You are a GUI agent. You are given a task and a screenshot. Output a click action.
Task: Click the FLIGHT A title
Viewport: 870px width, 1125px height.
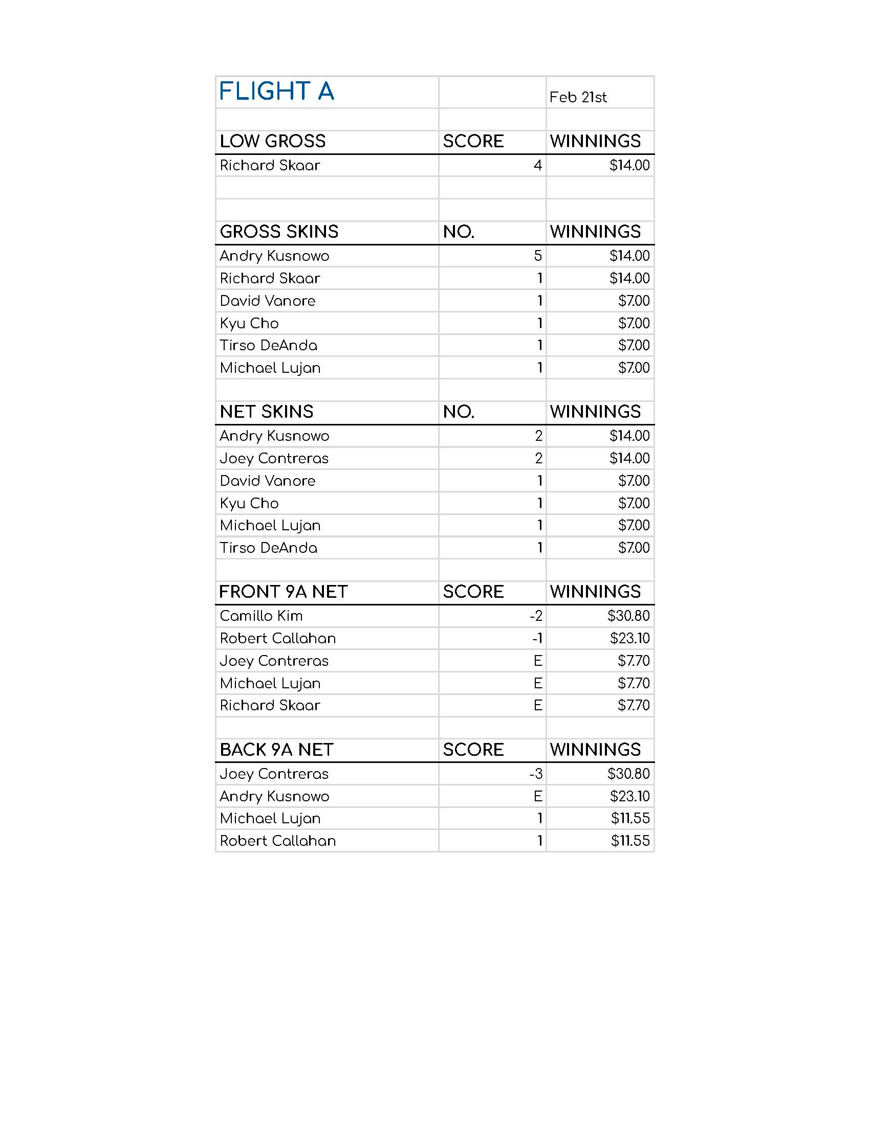coord(276,92)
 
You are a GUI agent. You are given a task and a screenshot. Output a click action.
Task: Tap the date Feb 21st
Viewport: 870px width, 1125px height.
coord(578,97)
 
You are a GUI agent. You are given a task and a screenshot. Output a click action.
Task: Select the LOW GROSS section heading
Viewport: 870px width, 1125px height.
coord(273,141)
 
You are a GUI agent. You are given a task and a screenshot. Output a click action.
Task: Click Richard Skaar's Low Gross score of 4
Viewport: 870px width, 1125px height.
coord(537,165)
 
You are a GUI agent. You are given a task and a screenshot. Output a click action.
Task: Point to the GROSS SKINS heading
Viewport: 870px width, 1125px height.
coord(279,232)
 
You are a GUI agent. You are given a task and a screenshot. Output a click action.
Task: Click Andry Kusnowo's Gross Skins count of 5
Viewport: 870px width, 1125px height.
coord(537,256)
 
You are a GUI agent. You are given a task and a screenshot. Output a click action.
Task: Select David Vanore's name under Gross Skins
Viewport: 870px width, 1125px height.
coord(268,301)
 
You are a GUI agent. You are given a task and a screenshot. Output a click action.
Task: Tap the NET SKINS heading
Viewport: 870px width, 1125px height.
coord(267,412)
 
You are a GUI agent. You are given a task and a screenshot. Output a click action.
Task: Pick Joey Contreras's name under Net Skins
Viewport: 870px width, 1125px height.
coord(274,459)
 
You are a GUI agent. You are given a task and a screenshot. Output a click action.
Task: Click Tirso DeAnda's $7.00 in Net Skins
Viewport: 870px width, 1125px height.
coord(634,548)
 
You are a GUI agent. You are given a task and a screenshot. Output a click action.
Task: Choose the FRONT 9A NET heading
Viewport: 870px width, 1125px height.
coord(284,592)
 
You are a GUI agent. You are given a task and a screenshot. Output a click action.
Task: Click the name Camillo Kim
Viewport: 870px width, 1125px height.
coord(262,616)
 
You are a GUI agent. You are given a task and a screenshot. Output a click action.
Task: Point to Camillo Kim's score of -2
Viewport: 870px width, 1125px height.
coord(536,616)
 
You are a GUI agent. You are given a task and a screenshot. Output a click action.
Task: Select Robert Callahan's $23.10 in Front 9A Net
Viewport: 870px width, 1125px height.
coord(629,639)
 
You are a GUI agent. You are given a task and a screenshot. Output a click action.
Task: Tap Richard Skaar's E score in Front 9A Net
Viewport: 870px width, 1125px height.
coord(537,706)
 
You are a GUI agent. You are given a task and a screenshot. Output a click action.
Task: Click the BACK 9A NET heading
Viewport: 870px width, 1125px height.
coord(277,750)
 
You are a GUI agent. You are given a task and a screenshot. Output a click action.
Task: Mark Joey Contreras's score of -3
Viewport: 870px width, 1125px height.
coord(536,774)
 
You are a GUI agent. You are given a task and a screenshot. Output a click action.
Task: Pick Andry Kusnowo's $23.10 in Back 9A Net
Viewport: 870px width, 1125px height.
coord(629,796)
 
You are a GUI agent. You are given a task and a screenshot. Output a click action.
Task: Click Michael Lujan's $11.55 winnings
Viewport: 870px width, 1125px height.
coord(630,819)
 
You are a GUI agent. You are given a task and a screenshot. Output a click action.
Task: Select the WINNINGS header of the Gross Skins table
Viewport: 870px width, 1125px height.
coord(595,232)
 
